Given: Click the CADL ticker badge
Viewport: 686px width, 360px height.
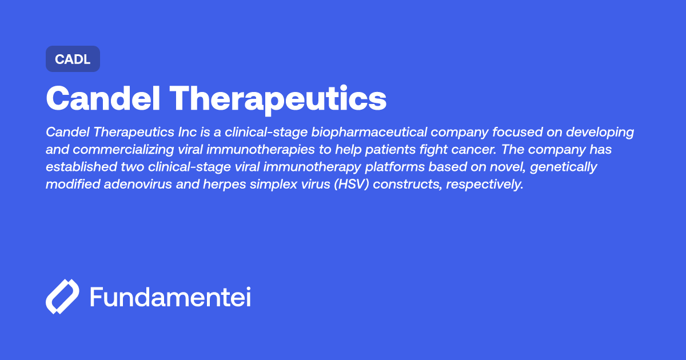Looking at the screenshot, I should coord(73,59).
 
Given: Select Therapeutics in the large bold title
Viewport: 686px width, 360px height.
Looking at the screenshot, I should coord(278,98).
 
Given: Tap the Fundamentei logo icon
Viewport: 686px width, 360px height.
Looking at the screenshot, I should coord(62,297).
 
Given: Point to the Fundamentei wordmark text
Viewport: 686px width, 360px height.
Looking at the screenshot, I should coord(170,297).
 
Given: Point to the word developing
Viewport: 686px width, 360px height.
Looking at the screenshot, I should coord(600,133).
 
